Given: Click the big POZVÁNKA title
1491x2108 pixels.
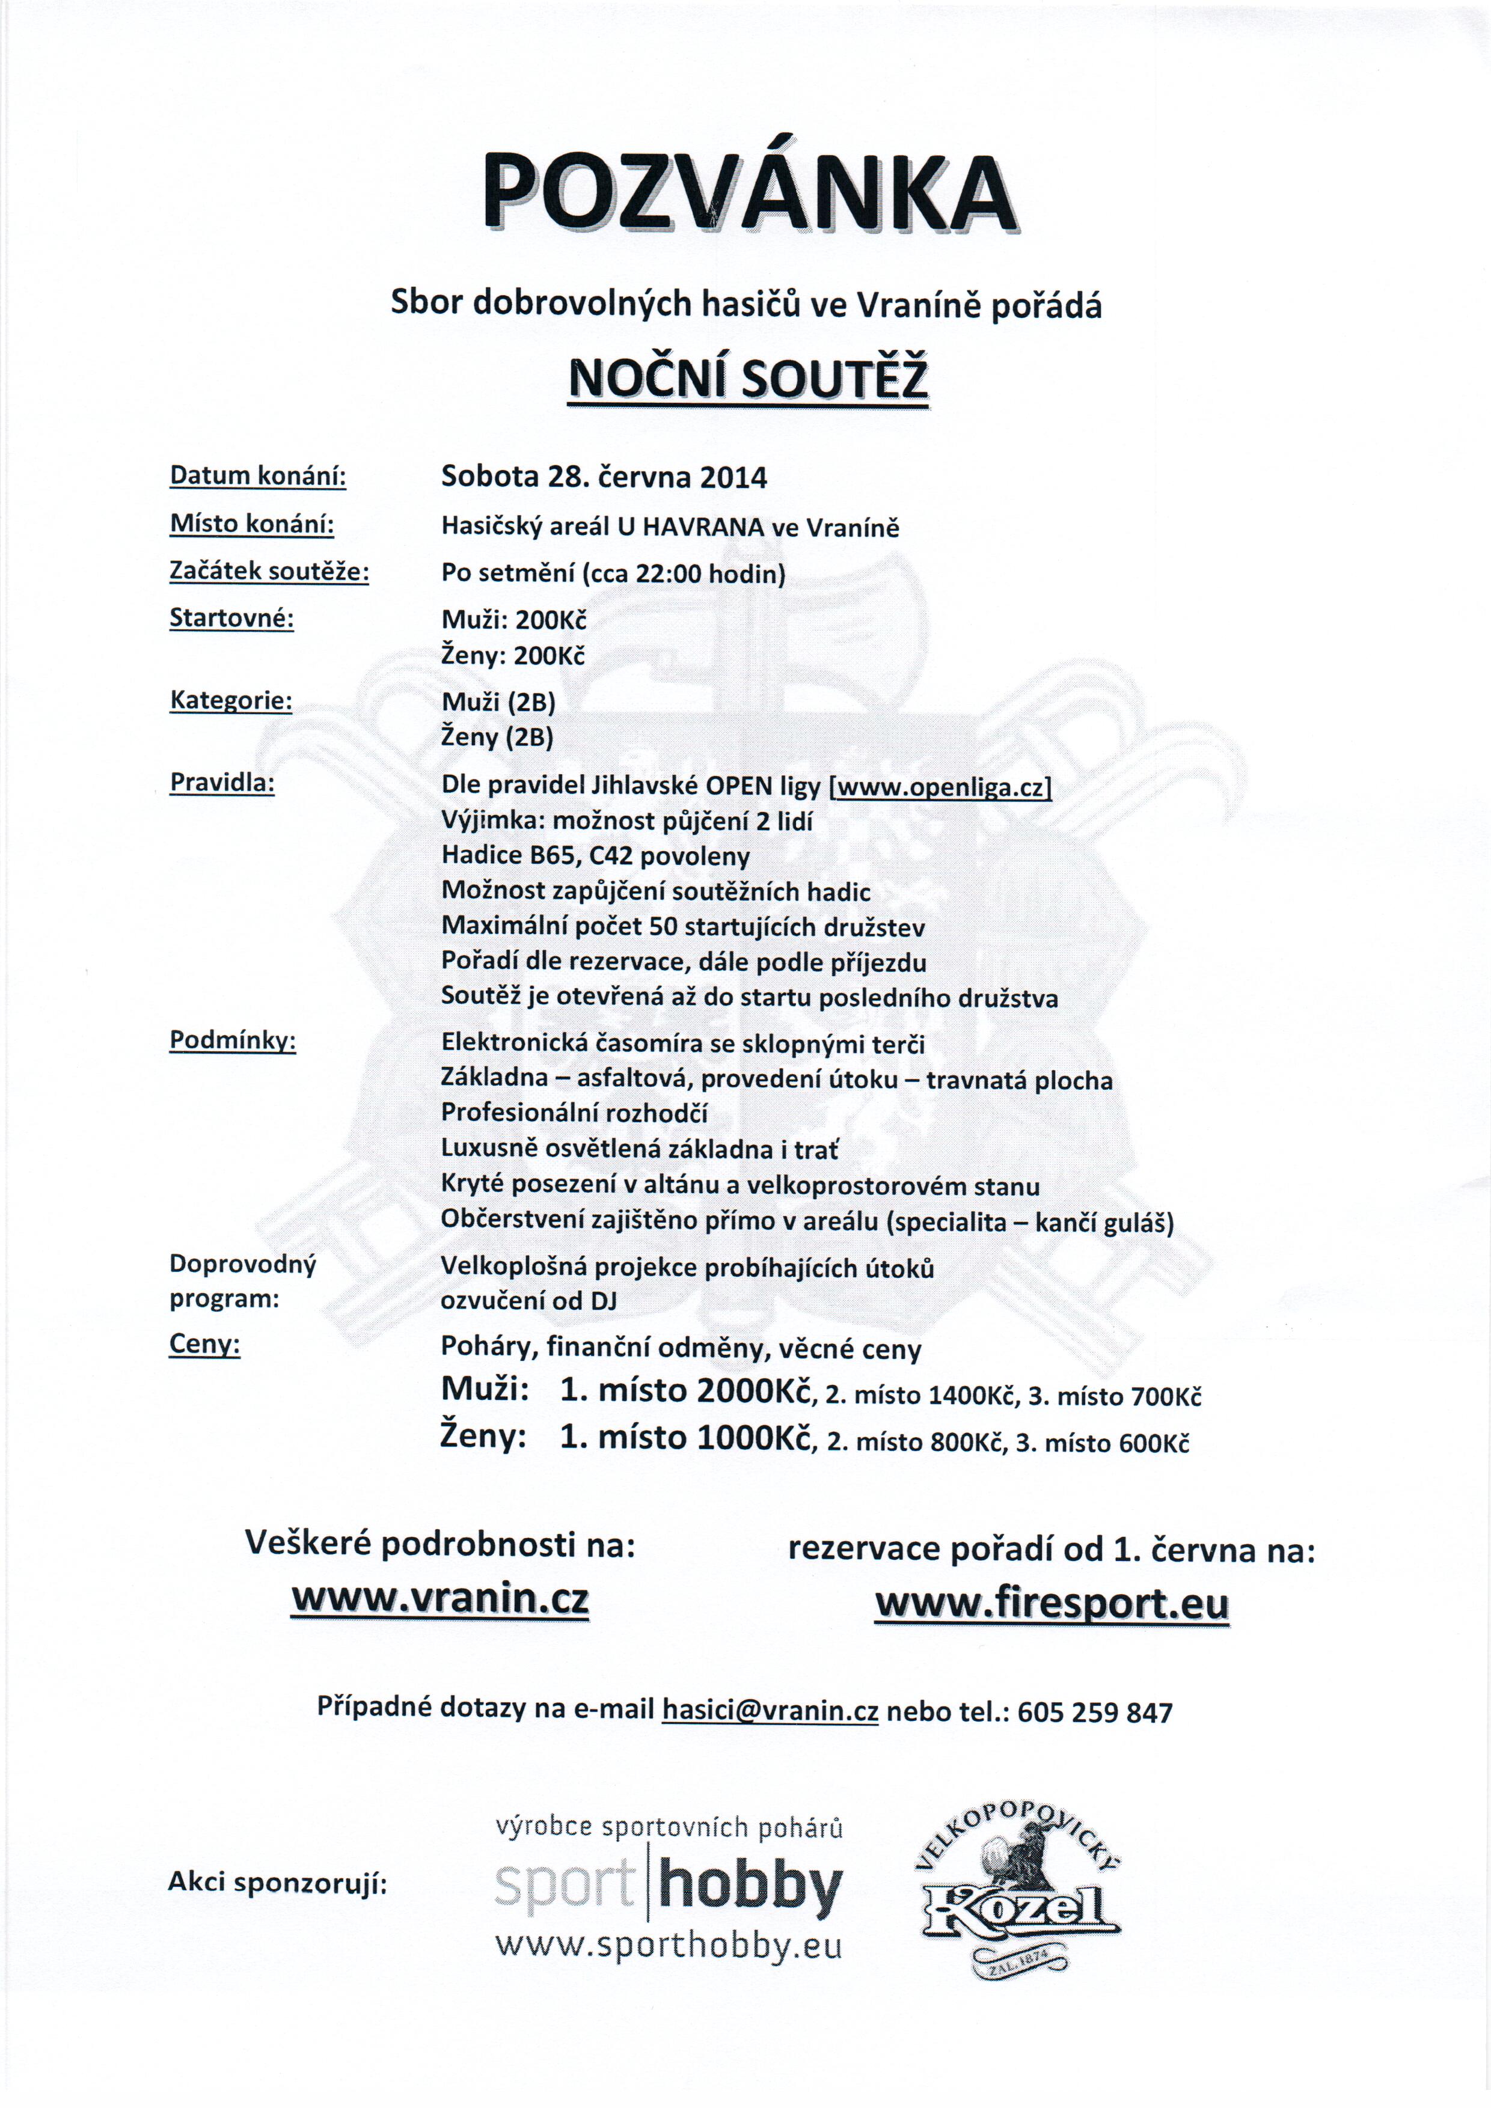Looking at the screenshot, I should [749, 193].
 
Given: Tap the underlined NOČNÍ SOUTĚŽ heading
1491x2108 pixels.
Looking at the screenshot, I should [749, 378].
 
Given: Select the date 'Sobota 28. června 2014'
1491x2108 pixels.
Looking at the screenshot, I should [604, 477].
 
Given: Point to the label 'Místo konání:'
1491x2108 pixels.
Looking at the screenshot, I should [251, 524].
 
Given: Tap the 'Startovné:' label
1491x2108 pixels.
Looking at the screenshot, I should [231, 619].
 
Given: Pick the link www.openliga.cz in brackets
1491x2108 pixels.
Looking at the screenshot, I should [941, 787].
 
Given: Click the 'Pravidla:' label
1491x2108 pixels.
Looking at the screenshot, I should [222, 783].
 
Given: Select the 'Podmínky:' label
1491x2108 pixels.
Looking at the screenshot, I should [232, 1040].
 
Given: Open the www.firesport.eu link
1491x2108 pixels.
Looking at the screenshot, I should [1052, 1604].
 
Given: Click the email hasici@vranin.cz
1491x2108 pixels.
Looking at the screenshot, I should [770, 1711].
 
